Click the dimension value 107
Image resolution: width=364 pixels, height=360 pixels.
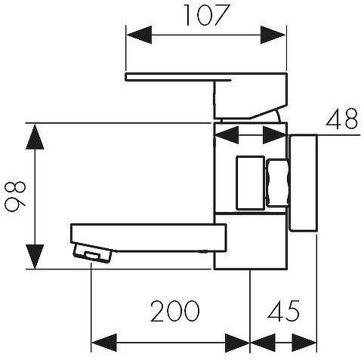pos(207,15)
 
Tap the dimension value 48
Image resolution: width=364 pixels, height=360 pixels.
pos(341,118)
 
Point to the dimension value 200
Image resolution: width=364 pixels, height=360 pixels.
pos(175,311)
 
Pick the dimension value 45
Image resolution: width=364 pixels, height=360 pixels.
pos(284,311)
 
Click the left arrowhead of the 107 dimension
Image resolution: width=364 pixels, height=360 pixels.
pos(139,35)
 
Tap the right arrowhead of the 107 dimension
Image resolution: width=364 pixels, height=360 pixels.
pos(273,35)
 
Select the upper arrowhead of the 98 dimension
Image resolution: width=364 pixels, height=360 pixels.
pos(35,137)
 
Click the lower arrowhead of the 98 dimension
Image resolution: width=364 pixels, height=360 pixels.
pos(35,256)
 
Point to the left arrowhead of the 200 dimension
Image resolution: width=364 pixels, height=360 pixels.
pos(104,343)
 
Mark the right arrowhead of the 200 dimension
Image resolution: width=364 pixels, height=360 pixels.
pos(237,343)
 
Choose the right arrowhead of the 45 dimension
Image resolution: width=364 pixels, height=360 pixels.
pos(304,343)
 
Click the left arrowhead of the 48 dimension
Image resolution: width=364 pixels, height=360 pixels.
pos(227,135)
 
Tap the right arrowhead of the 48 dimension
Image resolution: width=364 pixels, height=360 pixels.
pos(275,135)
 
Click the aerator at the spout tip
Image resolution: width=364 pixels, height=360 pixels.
pos(93,253)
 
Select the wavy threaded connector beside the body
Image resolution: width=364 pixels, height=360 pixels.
pos(278,183)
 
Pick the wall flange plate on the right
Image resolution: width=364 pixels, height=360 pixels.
pos(303,183)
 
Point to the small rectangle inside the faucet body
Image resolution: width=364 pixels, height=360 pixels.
pos(250,183)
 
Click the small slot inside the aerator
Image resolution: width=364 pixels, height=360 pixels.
pos(92,255)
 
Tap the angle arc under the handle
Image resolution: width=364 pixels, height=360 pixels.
pos(278,115)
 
